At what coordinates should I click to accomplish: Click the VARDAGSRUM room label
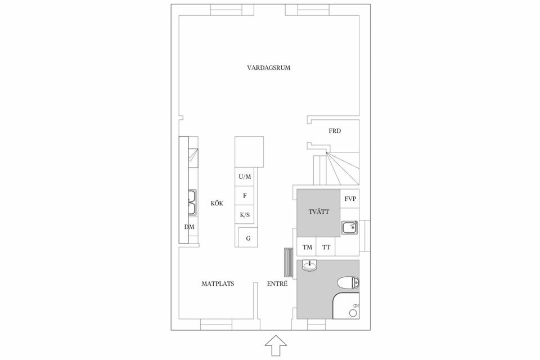[x=268, y=67]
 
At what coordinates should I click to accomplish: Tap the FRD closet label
[x=335, y=131]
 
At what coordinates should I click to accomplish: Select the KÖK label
[x=217, y=204]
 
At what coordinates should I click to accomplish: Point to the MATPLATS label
[x=218, y=284]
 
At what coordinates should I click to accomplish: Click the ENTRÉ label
[x=277, y=284]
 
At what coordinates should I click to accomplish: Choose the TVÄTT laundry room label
[x=318, y=212]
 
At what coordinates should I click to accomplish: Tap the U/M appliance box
[x=245, y=177]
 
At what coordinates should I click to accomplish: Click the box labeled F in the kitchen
[x=245, y=196]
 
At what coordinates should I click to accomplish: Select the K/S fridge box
[x=245, y=215]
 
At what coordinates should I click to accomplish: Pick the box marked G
[x=248, y=238]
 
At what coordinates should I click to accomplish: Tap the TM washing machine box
[x=307, y=247]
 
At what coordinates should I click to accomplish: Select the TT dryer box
[x=326, y=247]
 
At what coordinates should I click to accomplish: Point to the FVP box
[x=350, y=199]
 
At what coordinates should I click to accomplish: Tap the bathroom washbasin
[x=310, y=265]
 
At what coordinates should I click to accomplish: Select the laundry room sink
[x=349, y=227]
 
